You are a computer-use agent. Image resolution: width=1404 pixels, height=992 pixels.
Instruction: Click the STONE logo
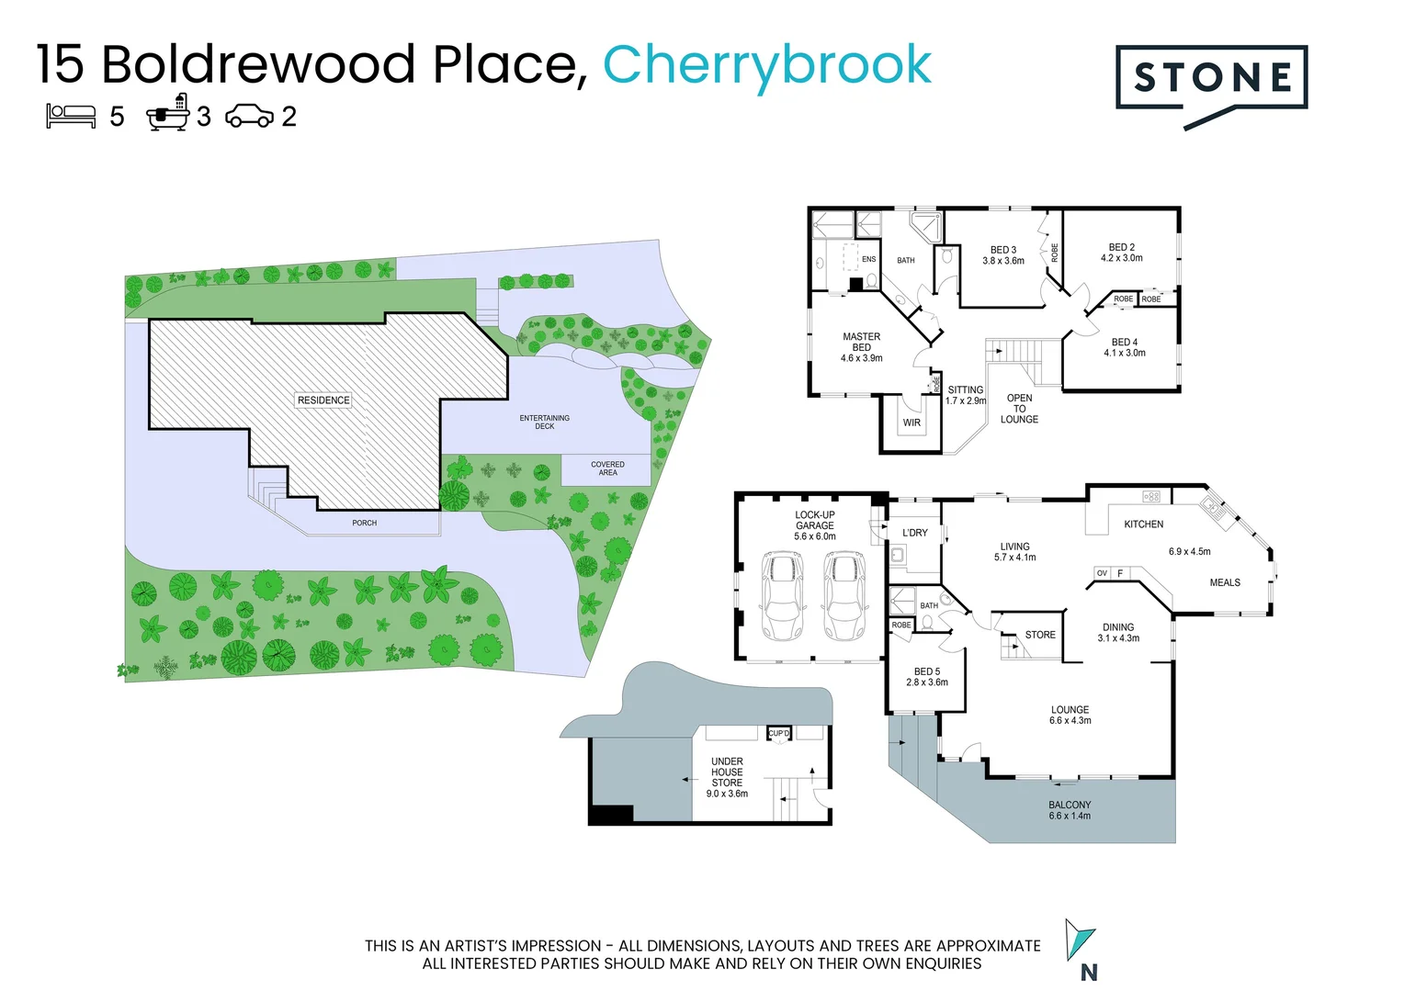pos(1211,79)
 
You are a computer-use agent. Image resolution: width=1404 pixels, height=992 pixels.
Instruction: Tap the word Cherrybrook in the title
pos(766,64)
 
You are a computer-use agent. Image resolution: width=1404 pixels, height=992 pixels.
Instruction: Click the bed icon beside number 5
pos(71,116)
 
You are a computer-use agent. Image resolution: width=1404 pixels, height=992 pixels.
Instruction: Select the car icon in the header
pos(249,117)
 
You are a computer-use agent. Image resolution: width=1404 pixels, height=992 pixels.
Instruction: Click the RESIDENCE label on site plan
pos(323,400)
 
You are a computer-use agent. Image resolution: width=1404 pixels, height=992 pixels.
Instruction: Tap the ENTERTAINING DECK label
pos(544,422)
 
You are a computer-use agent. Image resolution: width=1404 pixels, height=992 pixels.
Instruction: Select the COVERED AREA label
pos(607,468)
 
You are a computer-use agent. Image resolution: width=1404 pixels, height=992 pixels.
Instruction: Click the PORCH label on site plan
pos(364,523)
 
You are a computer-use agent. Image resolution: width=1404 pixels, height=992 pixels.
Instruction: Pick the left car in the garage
pos(782,596)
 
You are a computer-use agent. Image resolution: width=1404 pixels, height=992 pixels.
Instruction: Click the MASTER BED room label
pos(861,347)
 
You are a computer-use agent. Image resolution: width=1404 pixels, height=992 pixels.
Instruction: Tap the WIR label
pos(911,423)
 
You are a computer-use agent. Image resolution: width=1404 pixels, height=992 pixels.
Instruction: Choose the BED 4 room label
pos(1124,347)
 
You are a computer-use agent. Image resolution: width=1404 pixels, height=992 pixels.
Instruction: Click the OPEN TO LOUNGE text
pos(1019,409)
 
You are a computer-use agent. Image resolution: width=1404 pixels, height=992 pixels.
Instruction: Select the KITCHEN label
pos(1143,524)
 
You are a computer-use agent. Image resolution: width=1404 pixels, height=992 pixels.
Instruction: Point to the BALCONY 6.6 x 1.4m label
pos(1070,810)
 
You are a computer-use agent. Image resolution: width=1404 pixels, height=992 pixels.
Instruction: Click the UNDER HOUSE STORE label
pos(727,777)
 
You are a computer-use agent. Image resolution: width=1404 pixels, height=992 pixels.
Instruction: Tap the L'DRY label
pos(915,533)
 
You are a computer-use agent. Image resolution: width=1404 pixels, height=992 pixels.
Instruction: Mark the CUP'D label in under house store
pos(779,733)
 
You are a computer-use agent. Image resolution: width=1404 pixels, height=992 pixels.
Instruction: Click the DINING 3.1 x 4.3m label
pos(1118,633)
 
